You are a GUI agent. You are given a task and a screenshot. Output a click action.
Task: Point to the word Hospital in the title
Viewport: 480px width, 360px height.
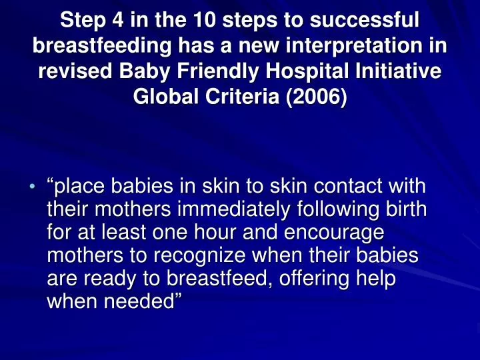click(307, 73)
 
